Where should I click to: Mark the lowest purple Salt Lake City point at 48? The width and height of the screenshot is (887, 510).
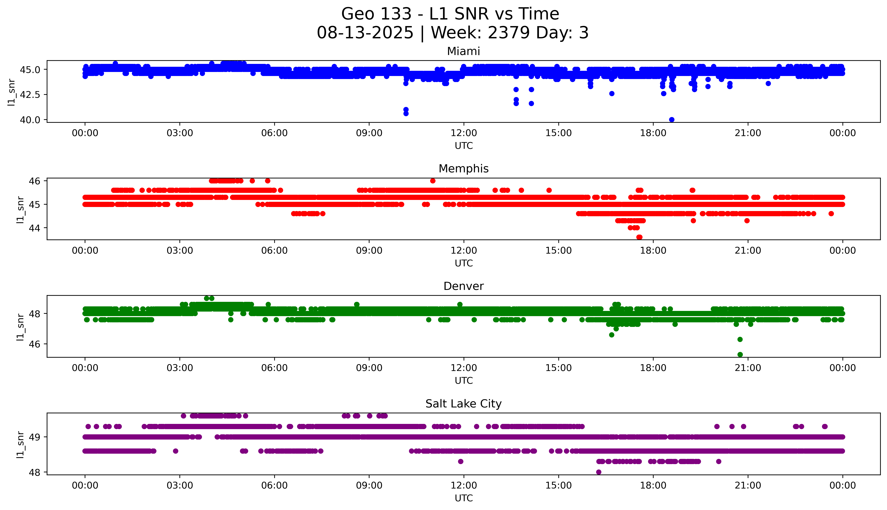[599, 472]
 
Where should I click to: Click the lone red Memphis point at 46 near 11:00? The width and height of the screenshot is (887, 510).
[433, 181]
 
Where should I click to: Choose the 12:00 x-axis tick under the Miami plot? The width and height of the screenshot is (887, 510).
[464, 133]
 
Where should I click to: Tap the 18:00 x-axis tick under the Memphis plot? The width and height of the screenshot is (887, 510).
[653, 250]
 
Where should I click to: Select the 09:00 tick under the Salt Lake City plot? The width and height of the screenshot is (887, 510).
[369, 485]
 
